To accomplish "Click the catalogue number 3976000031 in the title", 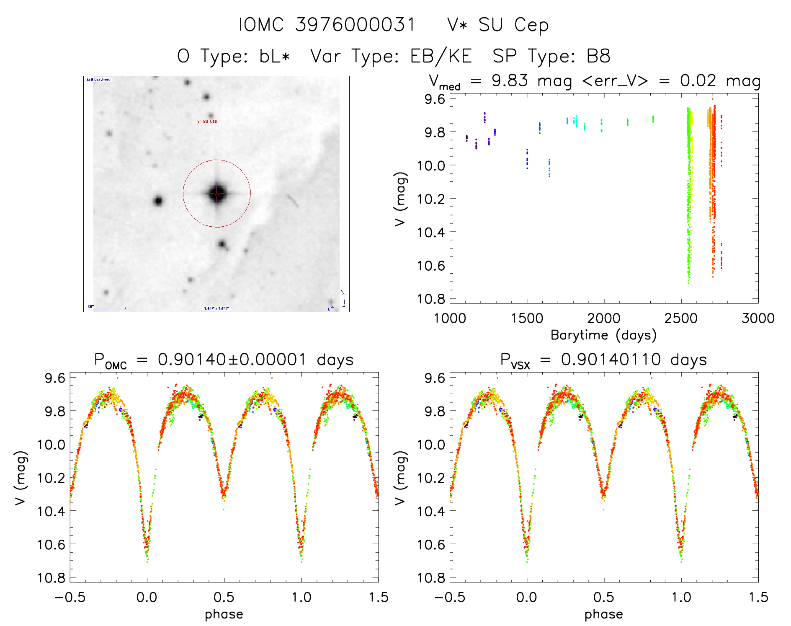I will click(355, 25).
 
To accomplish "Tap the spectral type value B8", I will click(598, 56).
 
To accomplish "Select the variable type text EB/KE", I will click(441, 56).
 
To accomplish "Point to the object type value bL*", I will click(274, 56).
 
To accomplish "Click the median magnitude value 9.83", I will click(510, 80).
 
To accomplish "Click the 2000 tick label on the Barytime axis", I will click(603, 318).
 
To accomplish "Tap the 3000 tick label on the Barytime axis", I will click(758, 318).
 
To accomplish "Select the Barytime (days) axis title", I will click(603, 335).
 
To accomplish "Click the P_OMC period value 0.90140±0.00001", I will click(232, 360).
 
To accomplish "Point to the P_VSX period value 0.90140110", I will click(611, 360).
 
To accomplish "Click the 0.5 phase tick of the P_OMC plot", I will click(224, 597).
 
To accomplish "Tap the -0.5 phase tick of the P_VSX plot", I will click(449, 597).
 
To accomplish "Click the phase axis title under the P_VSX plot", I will click(603, 614).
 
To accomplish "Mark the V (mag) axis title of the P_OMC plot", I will click(21, 478).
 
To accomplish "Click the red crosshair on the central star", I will click(217, 194).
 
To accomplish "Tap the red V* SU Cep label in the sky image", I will click(207, 122).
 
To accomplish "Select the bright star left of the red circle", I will click(158, 201).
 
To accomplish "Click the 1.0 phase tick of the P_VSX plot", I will click(681, 597).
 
